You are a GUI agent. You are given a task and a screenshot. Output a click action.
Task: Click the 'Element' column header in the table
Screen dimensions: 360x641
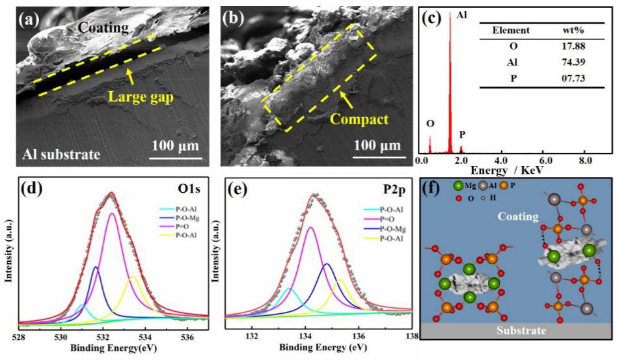pos(511,31)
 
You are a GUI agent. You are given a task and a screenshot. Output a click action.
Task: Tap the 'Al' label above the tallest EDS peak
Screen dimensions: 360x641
pos(461,14)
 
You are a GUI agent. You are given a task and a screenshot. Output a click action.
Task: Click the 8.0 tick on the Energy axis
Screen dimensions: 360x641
pos(585,160)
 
